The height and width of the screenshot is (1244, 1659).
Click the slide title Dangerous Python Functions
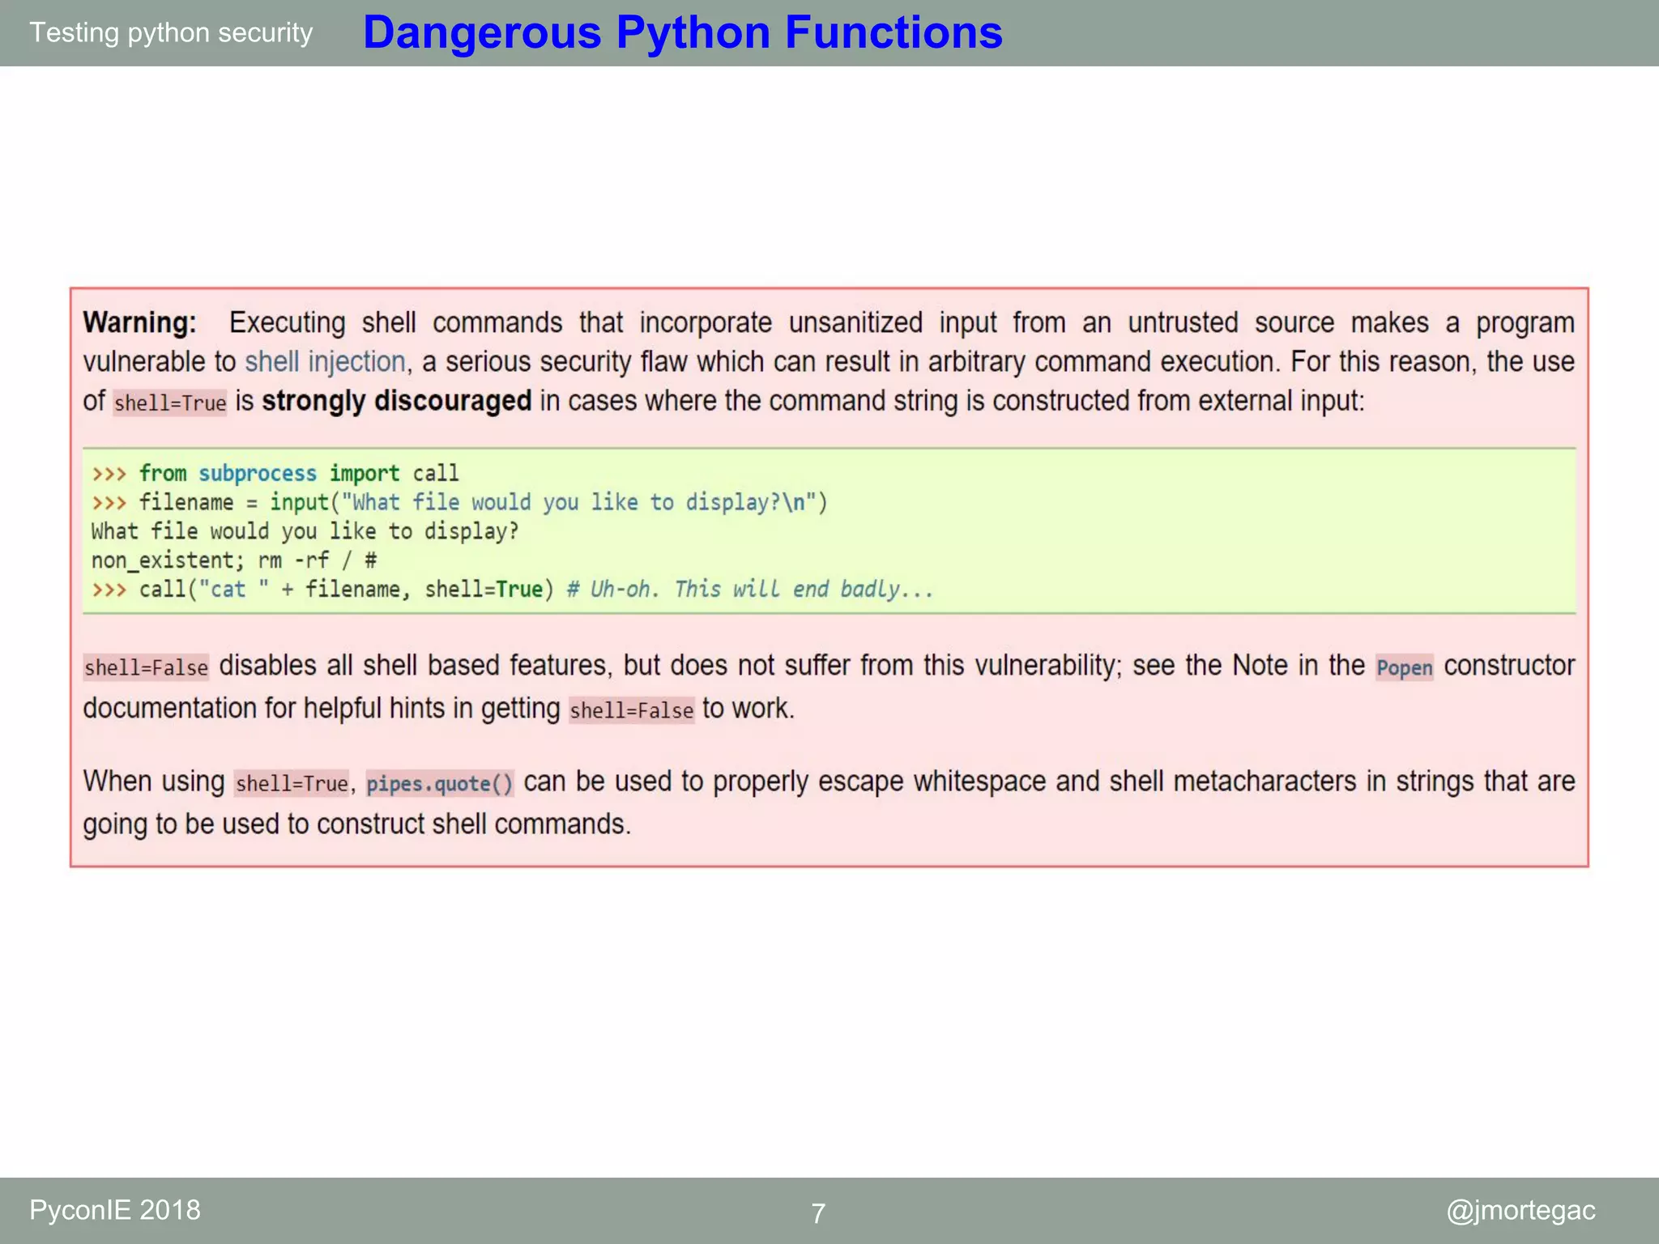682,33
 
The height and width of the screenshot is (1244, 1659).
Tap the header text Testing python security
171,33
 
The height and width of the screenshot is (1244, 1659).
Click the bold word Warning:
139,323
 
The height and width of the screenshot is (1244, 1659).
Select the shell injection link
325,362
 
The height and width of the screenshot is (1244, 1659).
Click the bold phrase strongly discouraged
396,401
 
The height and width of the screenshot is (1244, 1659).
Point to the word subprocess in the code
258,474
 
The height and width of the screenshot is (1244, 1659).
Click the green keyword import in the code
365,474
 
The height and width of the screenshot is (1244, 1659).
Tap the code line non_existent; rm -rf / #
233,560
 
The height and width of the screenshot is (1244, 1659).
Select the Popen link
1404,668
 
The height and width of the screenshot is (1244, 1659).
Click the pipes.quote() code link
439,784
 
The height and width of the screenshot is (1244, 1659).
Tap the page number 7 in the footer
818,1213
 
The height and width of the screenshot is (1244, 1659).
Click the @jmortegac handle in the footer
1520,1210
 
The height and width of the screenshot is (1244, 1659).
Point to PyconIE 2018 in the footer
115,1210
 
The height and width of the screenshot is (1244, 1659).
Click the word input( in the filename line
300,503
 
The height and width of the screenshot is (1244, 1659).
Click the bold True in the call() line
519,590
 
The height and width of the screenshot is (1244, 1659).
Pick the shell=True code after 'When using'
292,784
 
